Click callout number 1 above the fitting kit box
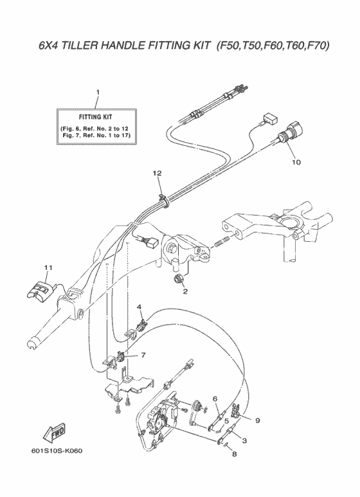98,92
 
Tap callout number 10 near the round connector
296,162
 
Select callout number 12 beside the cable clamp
157,173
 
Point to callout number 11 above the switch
48,268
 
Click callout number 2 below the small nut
185,291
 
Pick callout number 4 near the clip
139,307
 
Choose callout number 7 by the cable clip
143,356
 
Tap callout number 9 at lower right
258,420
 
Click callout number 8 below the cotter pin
234,454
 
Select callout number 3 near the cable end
244,440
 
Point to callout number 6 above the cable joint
215,399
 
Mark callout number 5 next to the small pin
226,421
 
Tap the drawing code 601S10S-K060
57,451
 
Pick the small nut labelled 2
178,279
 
